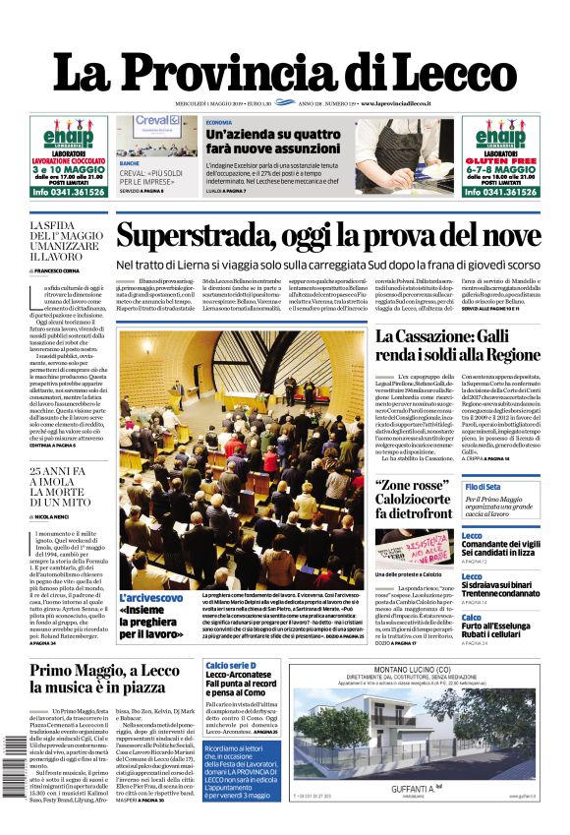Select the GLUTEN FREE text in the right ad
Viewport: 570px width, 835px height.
[501, 162]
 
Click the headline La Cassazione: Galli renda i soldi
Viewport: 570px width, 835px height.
[457, 345]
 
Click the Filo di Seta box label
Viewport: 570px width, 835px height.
[483, 488]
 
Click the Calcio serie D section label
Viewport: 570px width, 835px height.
[231, 667]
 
